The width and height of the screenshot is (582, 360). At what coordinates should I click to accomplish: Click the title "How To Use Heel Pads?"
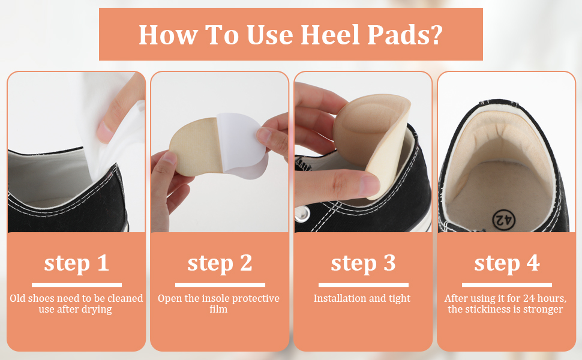point(290,35)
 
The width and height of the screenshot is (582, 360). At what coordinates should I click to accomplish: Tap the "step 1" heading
point(76,263)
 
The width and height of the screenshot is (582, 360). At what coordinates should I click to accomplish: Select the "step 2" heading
point(220,263)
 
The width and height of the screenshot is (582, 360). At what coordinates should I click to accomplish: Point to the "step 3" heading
point(363,263)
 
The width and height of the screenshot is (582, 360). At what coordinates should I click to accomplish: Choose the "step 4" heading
point(507,263)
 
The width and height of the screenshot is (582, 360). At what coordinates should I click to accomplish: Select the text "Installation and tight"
point(362,298)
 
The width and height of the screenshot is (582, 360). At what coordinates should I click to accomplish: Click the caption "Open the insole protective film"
point(219,304)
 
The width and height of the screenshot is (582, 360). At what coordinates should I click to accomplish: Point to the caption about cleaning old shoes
point(76,304)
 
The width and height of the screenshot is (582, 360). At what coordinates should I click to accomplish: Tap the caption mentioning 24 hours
point(504,304)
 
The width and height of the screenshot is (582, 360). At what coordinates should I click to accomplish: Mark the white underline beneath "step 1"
point(76,284)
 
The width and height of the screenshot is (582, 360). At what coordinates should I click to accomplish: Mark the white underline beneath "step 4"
point(507,284)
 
